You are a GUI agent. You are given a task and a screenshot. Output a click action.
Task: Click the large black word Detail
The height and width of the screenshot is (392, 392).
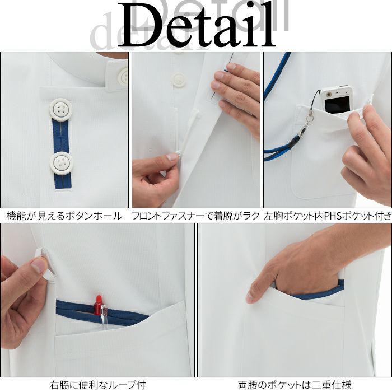[x=197, y=25]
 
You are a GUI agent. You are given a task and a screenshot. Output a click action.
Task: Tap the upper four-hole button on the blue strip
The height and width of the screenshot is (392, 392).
[x=61, y=109]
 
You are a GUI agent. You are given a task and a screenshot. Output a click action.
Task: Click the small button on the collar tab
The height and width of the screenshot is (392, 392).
[x=124, y=76]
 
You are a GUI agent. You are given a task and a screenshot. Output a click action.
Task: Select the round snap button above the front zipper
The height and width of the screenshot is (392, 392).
[x=179, y=81]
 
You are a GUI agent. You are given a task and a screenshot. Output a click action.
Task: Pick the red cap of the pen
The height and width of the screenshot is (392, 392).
[x=99, y=303]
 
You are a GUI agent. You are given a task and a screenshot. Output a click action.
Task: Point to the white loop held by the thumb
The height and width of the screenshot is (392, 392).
[x=46, y=264]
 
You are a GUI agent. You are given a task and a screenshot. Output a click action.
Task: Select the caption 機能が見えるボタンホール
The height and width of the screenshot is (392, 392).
[x=64, y=216]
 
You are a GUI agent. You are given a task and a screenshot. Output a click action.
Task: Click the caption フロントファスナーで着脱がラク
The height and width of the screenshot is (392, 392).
[x=196, y=216]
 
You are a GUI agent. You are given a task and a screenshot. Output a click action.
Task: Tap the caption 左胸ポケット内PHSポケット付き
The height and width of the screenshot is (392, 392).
[x=328, y=216]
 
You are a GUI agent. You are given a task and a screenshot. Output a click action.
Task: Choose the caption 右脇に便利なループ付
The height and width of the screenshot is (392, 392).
[x=97, y=385]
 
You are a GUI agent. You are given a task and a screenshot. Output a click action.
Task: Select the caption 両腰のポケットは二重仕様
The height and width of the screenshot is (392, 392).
[x=295, y=385]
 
